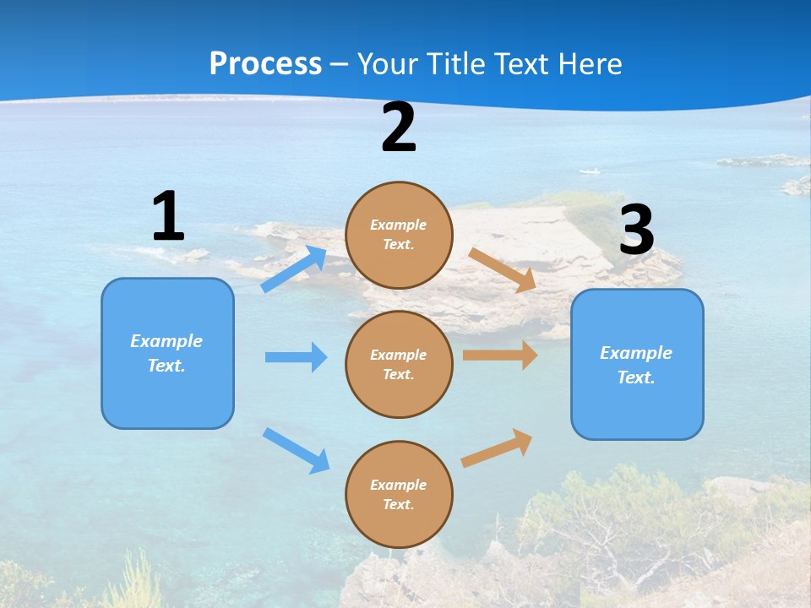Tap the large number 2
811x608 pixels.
tap(399, 128)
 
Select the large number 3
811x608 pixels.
tap(636, 231)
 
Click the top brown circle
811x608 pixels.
tap(399, 235)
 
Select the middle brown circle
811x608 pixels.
tap(399, 364)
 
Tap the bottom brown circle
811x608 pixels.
tap(399, 494)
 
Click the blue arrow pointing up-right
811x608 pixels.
tap(294, 269)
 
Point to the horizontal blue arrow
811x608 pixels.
tap(296, 357)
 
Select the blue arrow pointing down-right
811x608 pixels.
tap(296, 449)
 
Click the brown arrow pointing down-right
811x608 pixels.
tap(502, 269)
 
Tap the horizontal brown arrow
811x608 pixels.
tap(499, 356)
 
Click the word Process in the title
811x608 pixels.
tap(265, 63)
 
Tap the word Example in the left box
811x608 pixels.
tap(166, 341)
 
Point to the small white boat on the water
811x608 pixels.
tap(590, 172)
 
